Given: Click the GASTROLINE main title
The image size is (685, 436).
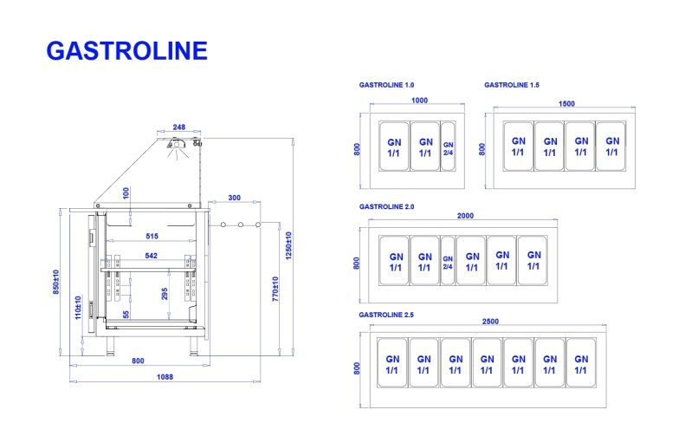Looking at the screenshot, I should click(126, 50).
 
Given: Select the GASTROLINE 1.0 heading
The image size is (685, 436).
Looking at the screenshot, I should click(386, 85).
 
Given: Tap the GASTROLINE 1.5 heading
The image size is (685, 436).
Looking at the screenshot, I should click(512, 85).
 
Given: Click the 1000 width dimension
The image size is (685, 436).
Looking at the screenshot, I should click(419, 101).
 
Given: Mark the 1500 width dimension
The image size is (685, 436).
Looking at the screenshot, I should click(566, 104).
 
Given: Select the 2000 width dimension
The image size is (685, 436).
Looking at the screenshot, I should click(465, 216).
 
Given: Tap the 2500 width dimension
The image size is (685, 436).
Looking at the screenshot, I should click(489, 322).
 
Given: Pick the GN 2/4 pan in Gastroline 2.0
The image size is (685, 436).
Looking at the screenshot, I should click(448, 259).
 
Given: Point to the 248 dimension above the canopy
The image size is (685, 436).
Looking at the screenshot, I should click(179, 127).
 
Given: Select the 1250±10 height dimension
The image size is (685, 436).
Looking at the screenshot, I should click(289, 247).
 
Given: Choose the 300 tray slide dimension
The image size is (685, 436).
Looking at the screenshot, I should click(234, 198).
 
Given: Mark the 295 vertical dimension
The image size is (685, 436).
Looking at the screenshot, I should click(165, 293).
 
